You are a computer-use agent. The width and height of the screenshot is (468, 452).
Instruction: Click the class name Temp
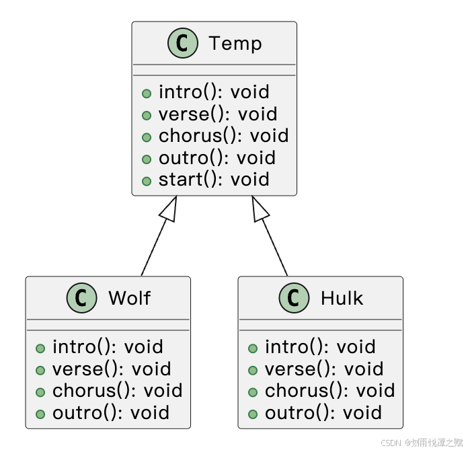(235, 44)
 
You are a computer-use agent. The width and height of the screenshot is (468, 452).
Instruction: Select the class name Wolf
(129, 298)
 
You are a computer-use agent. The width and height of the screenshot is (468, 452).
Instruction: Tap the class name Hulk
(342, 298)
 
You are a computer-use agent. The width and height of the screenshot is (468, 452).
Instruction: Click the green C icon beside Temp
(182, 44)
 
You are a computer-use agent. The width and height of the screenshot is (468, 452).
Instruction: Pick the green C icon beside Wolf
(82, 298)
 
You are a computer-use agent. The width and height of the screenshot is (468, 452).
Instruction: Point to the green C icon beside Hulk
(295, 298)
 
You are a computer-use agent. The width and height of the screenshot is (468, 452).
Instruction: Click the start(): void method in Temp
(213, 180)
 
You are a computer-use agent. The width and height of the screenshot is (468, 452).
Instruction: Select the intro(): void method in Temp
(213, 92)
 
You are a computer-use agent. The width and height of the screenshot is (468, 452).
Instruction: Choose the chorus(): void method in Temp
(223, 136)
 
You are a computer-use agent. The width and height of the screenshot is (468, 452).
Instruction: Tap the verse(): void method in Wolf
(111, 369)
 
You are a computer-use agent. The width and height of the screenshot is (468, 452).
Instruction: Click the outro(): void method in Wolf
(110, 413)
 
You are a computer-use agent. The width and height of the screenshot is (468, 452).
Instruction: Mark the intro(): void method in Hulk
(319, 347)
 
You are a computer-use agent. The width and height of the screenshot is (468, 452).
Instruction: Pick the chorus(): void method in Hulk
(329, 391)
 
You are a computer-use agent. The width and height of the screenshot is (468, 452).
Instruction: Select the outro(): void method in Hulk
(323, 413)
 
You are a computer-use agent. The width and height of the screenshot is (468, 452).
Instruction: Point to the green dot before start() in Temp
(147, 181)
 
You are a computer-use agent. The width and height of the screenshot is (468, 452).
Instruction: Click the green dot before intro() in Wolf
(40, 348)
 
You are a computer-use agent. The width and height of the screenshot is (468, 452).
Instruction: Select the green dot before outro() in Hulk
(253, 414)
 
